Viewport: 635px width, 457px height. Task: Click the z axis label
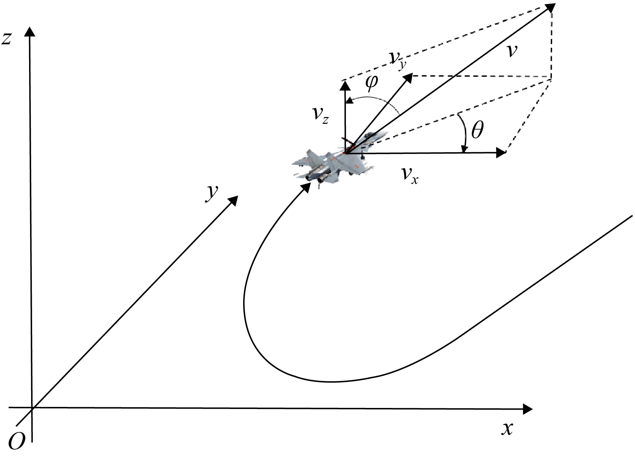7,39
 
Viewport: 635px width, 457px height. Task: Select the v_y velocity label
397,61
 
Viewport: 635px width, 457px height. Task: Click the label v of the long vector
513,51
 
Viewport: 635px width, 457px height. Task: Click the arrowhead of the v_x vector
501,153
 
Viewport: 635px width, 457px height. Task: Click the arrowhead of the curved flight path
306,187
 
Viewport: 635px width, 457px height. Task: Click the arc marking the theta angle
464,133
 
